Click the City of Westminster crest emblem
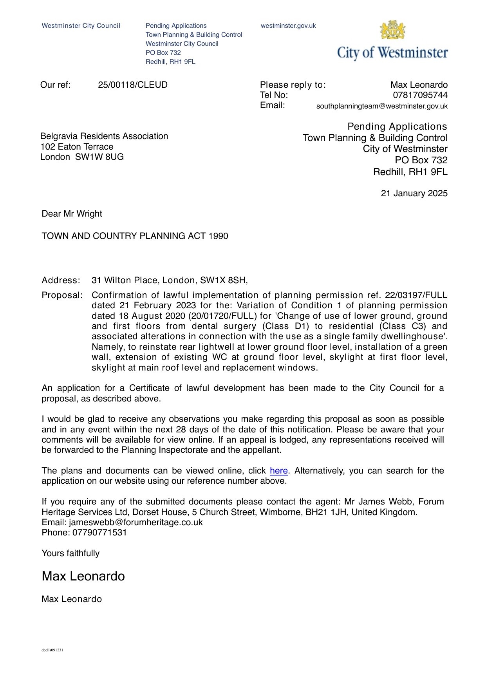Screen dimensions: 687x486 [392, 30]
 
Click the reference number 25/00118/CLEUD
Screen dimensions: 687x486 [133, 85]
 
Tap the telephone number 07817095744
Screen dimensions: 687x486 [420, 95]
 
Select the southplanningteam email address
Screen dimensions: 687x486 [382, 106]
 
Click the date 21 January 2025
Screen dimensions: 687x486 [414, 193]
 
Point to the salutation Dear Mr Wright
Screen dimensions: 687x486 [72, 214]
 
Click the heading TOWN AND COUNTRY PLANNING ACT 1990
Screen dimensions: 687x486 [135, 236]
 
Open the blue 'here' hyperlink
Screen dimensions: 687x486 [278, 471]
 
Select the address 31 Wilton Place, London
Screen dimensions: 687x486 [170, 280]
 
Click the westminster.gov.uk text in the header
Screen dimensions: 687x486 [288, 26]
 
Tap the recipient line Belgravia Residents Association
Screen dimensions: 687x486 [104, 136]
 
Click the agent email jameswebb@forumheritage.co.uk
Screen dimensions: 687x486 [136, 522]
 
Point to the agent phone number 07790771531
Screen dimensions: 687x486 [99, 533]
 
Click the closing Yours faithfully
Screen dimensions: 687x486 [70, 553]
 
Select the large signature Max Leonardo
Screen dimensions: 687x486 [83, 576]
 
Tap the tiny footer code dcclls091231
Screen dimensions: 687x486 [52, 650]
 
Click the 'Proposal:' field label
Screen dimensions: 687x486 [62, 295]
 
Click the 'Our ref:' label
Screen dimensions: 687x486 [56, 85]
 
